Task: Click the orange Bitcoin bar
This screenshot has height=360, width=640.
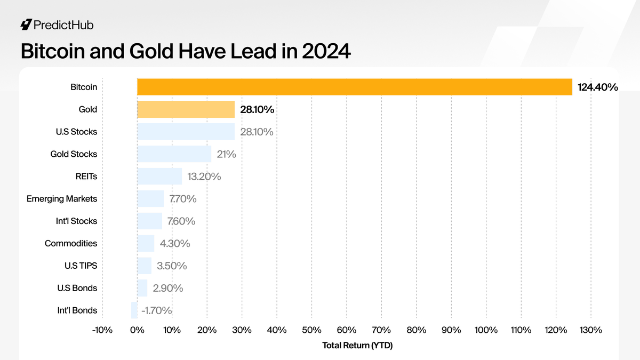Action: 355,87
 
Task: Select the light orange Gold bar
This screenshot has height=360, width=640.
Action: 186,109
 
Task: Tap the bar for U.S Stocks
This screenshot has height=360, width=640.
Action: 186,132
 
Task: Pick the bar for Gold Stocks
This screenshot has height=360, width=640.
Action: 174,154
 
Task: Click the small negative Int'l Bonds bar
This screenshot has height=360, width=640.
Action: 134,310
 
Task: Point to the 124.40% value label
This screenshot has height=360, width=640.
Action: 597,87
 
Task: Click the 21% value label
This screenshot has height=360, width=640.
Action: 226,154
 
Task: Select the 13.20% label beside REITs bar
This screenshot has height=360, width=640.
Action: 204,177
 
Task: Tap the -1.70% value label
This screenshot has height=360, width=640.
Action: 156,310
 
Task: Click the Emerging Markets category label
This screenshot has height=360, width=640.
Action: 62,198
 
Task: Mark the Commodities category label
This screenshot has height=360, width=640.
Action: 71,243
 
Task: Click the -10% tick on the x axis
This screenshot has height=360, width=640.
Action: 102,330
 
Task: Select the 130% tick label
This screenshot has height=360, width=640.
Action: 590,330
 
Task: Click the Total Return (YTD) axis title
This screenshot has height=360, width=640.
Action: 357,346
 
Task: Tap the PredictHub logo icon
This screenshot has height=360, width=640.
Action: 26,25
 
